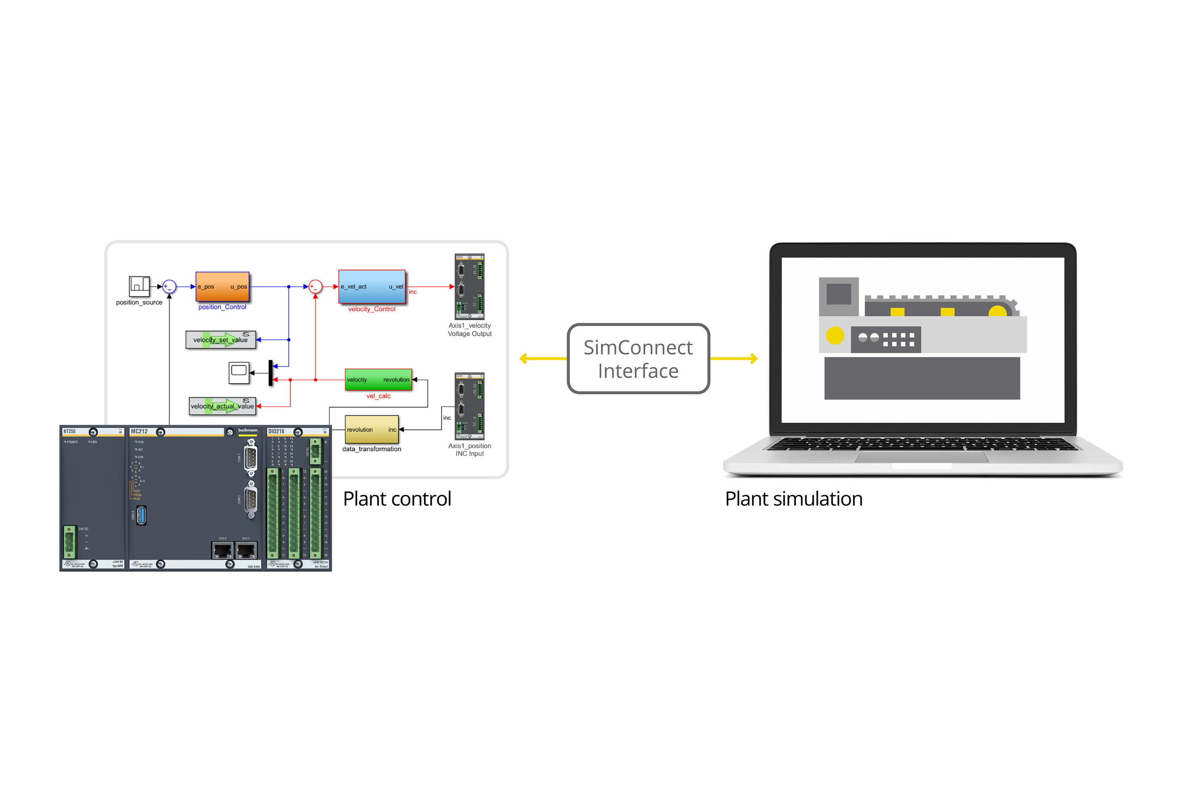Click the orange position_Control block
click(x=222, y=286)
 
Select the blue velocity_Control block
click(x=372, y=286)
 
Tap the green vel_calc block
click(x=378, y=379)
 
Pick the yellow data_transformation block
click(x=372, y=429)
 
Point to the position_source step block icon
click(x=139, y=286)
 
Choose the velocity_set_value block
click(x=220, y=339)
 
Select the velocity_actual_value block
click(x=222, y=406)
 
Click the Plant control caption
click(x=397, y=499)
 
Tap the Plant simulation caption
click(x=793, y=499)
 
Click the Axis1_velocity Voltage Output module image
click(x=469, y=286)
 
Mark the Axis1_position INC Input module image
click(x=469, y=406)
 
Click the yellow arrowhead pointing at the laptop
click(x=753, y=359)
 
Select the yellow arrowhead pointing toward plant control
click(x=524, y=359)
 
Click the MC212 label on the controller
click(x=139, y=431)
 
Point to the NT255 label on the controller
click(x=69, y=431)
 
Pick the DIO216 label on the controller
click(x=276, y=431)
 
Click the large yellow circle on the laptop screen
click(x=835, y=335)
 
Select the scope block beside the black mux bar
click(x=239, y=372)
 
